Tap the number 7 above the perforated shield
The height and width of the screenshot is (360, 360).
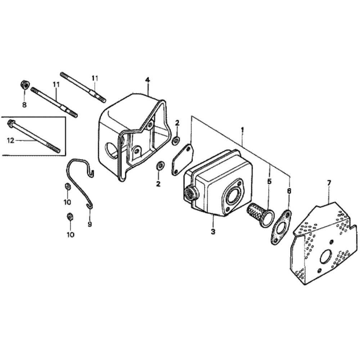pos(328,183)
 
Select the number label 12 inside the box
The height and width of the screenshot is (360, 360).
pos(11,140)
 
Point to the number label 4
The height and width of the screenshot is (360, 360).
pos(147,80)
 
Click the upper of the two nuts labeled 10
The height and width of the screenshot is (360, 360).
pos(67,186)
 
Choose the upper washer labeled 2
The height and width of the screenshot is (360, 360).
pos(176,140)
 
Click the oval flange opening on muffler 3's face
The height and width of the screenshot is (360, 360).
pos(231,196)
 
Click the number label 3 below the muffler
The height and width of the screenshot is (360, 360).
pos(213,231)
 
